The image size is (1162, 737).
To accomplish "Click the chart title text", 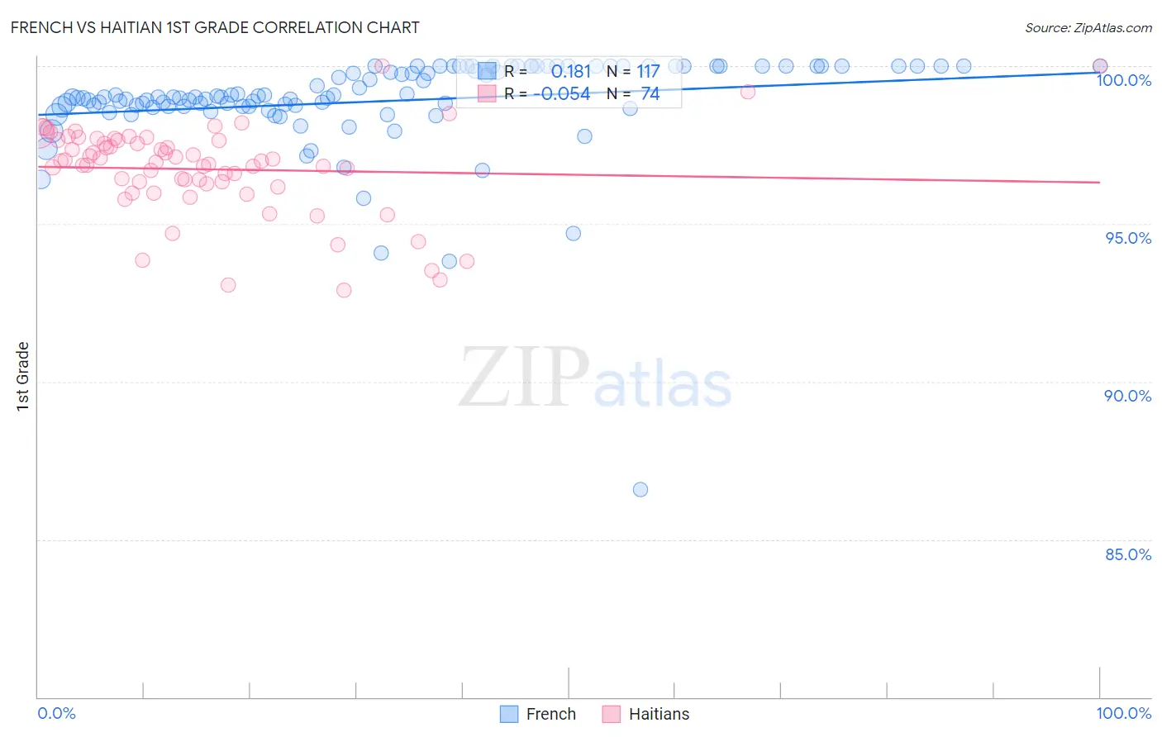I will (x=215, y=27).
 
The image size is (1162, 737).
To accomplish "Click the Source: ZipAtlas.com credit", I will (x=1088, y=27).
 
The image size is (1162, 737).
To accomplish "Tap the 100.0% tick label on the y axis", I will (x=1123, y=80).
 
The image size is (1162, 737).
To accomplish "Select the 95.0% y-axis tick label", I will (x=1128, y=238).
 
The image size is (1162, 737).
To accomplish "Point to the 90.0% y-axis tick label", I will (x=1127, y=396).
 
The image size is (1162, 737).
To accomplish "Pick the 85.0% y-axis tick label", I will (x=1128, y=554).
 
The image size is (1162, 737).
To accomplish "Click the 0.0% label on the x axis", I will (x=56, y=713).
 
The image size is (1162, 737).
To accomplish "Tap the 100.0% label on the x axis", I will (x=1123, y=713).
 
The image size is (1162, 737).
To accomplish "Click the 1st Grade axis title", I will (x=22, y=376).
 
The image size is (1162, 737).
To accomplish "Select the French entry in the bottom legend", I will (x=550, y=714).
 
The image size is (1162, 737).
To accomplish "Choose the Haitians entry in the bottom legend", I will (x=658, y=714).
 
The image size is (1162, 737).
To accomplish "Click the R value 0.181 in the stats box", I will (x=571, y=72).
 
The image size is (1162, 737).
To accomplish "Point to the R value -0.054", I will (x=562, y=94).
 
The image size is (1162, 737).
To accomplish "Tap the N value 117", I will (x=648, y=72).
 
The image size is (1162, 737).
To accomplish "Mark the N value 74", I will (x=650, y=94).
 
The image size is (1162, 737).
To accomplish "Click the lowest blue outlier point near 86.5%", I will (x=640, y=489).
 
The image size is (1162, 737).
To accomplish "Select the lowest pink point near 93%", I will (x=344, y=290).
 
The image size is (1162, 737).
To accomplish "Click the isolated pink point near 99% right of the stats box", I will (x=747, y=92).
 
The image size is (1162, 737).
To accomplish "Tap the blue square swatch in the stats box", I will (x=488, y=71).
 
